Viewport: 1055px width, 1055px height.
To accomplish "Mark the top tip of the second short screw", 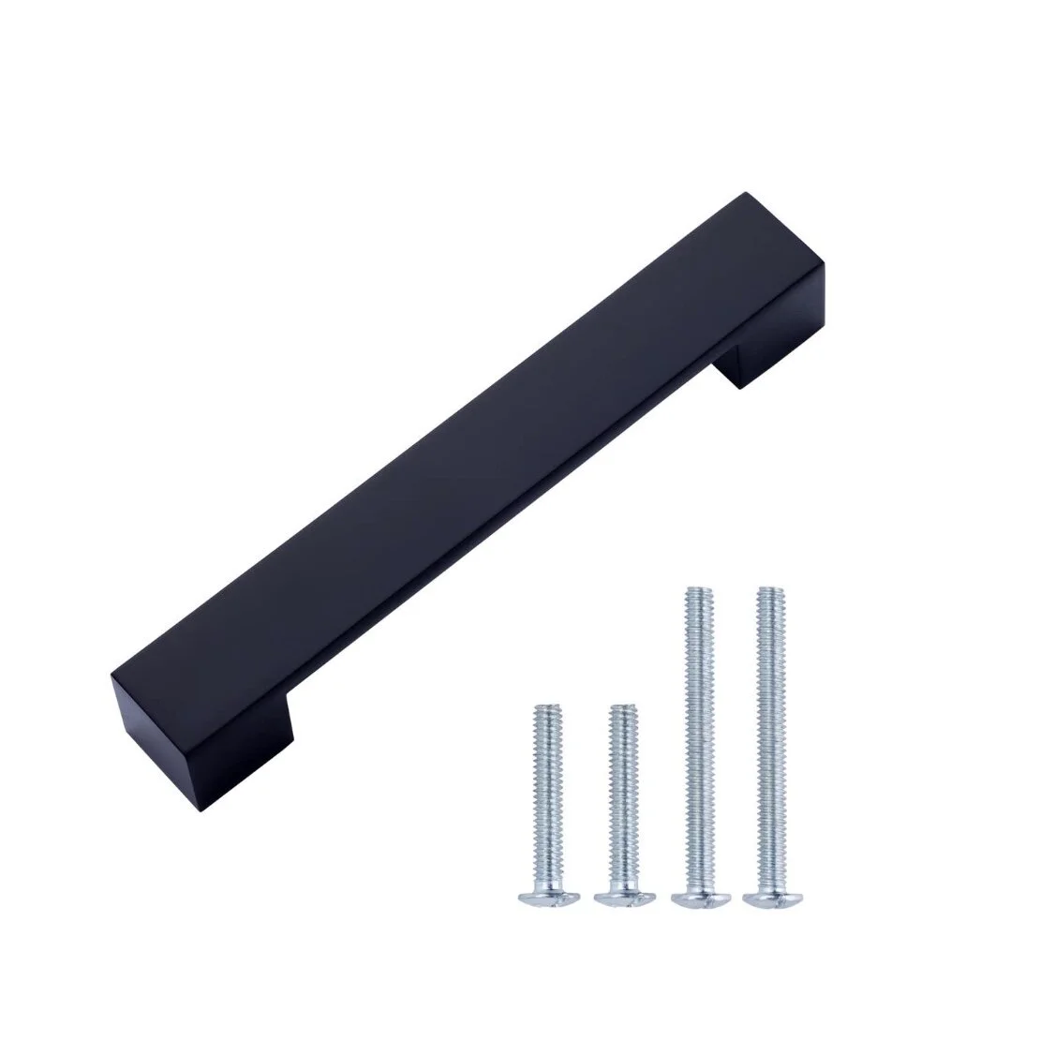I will pyautogui.click(x=618, y=709).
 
